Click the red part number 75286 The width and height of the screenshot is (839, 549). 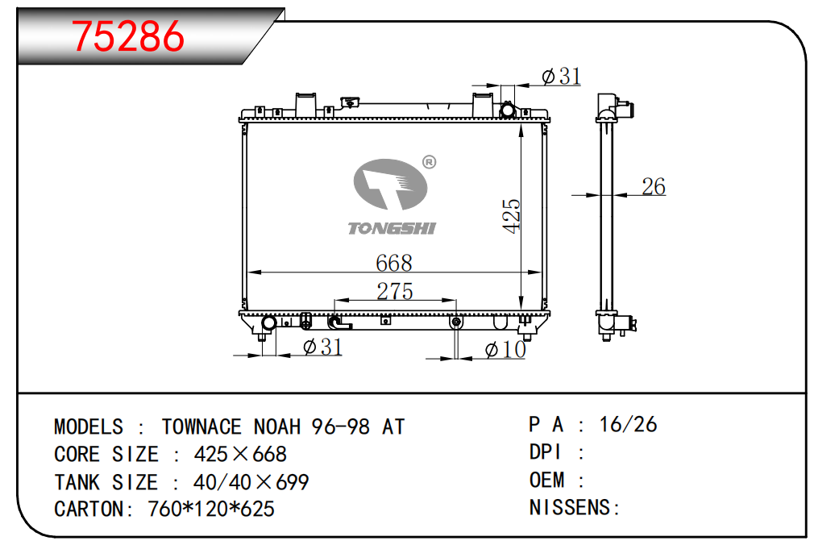coord(128,36)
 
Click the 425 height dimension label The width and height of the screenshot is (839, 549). coord(512,215)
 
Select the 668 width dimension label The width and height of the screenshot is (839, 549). coord(394,263)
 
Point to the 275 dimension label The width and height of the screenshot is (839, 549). coord(395,292)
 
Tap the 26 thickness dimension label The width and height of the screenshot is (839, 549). coord(654,187)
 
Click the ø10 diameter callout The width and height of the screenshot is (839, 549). coord(505,350)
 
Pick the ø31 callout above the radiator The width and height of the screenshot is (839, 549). coord(561,77)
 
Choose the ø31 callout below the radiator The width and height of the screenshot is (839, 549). coord(322,347)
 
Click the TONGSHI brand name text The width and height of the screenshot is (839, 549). coord(393,228)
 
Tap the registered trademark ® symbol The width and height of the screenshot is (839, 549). coord(429,162)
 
